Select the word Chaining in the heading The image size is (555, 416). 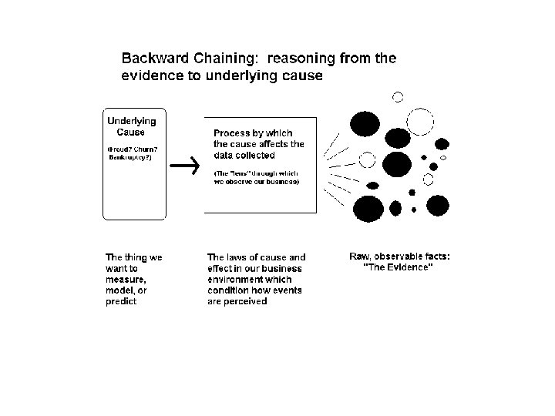point(218,59)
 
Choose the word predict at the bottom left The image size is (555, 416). point(121,302)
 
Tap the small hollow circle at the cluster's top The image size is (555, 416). point(398,97)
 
